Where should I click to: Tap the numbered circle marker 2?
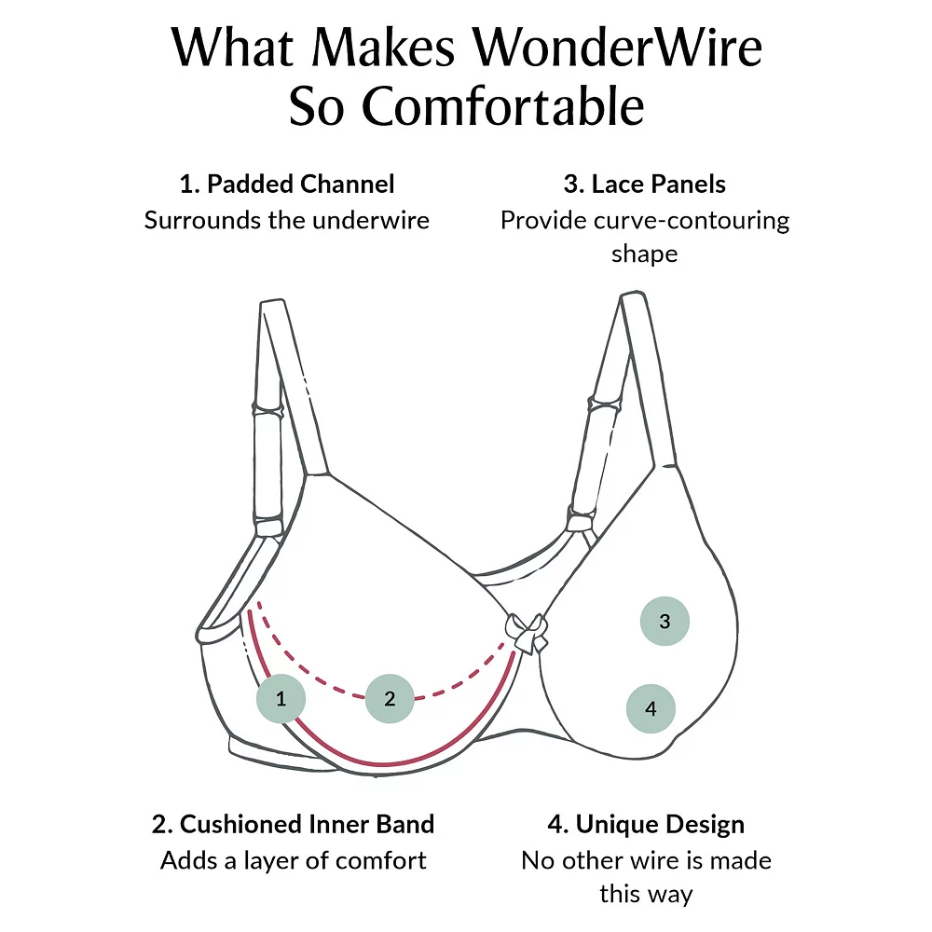pos(390,698)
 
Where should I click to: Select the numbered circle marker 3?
pos(665,621)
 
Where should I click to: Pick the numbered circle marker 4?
pos(651,708)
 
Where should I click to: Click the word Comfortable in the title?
pos(503,107)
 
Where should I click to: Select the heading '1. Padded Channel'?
pos(287,184)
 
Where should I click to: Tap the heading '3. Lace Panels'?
pos(644,184)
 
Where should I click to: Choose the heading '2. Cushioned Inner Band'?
pos(293,824)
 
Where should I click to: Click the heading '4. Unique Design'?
pos(646,824)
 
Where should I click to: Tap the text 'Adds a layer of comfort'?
pos(293,860)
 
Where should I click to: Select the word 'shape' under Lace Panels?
pos(644,254)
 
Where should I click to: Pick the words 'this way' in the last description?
pos(646,895)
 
